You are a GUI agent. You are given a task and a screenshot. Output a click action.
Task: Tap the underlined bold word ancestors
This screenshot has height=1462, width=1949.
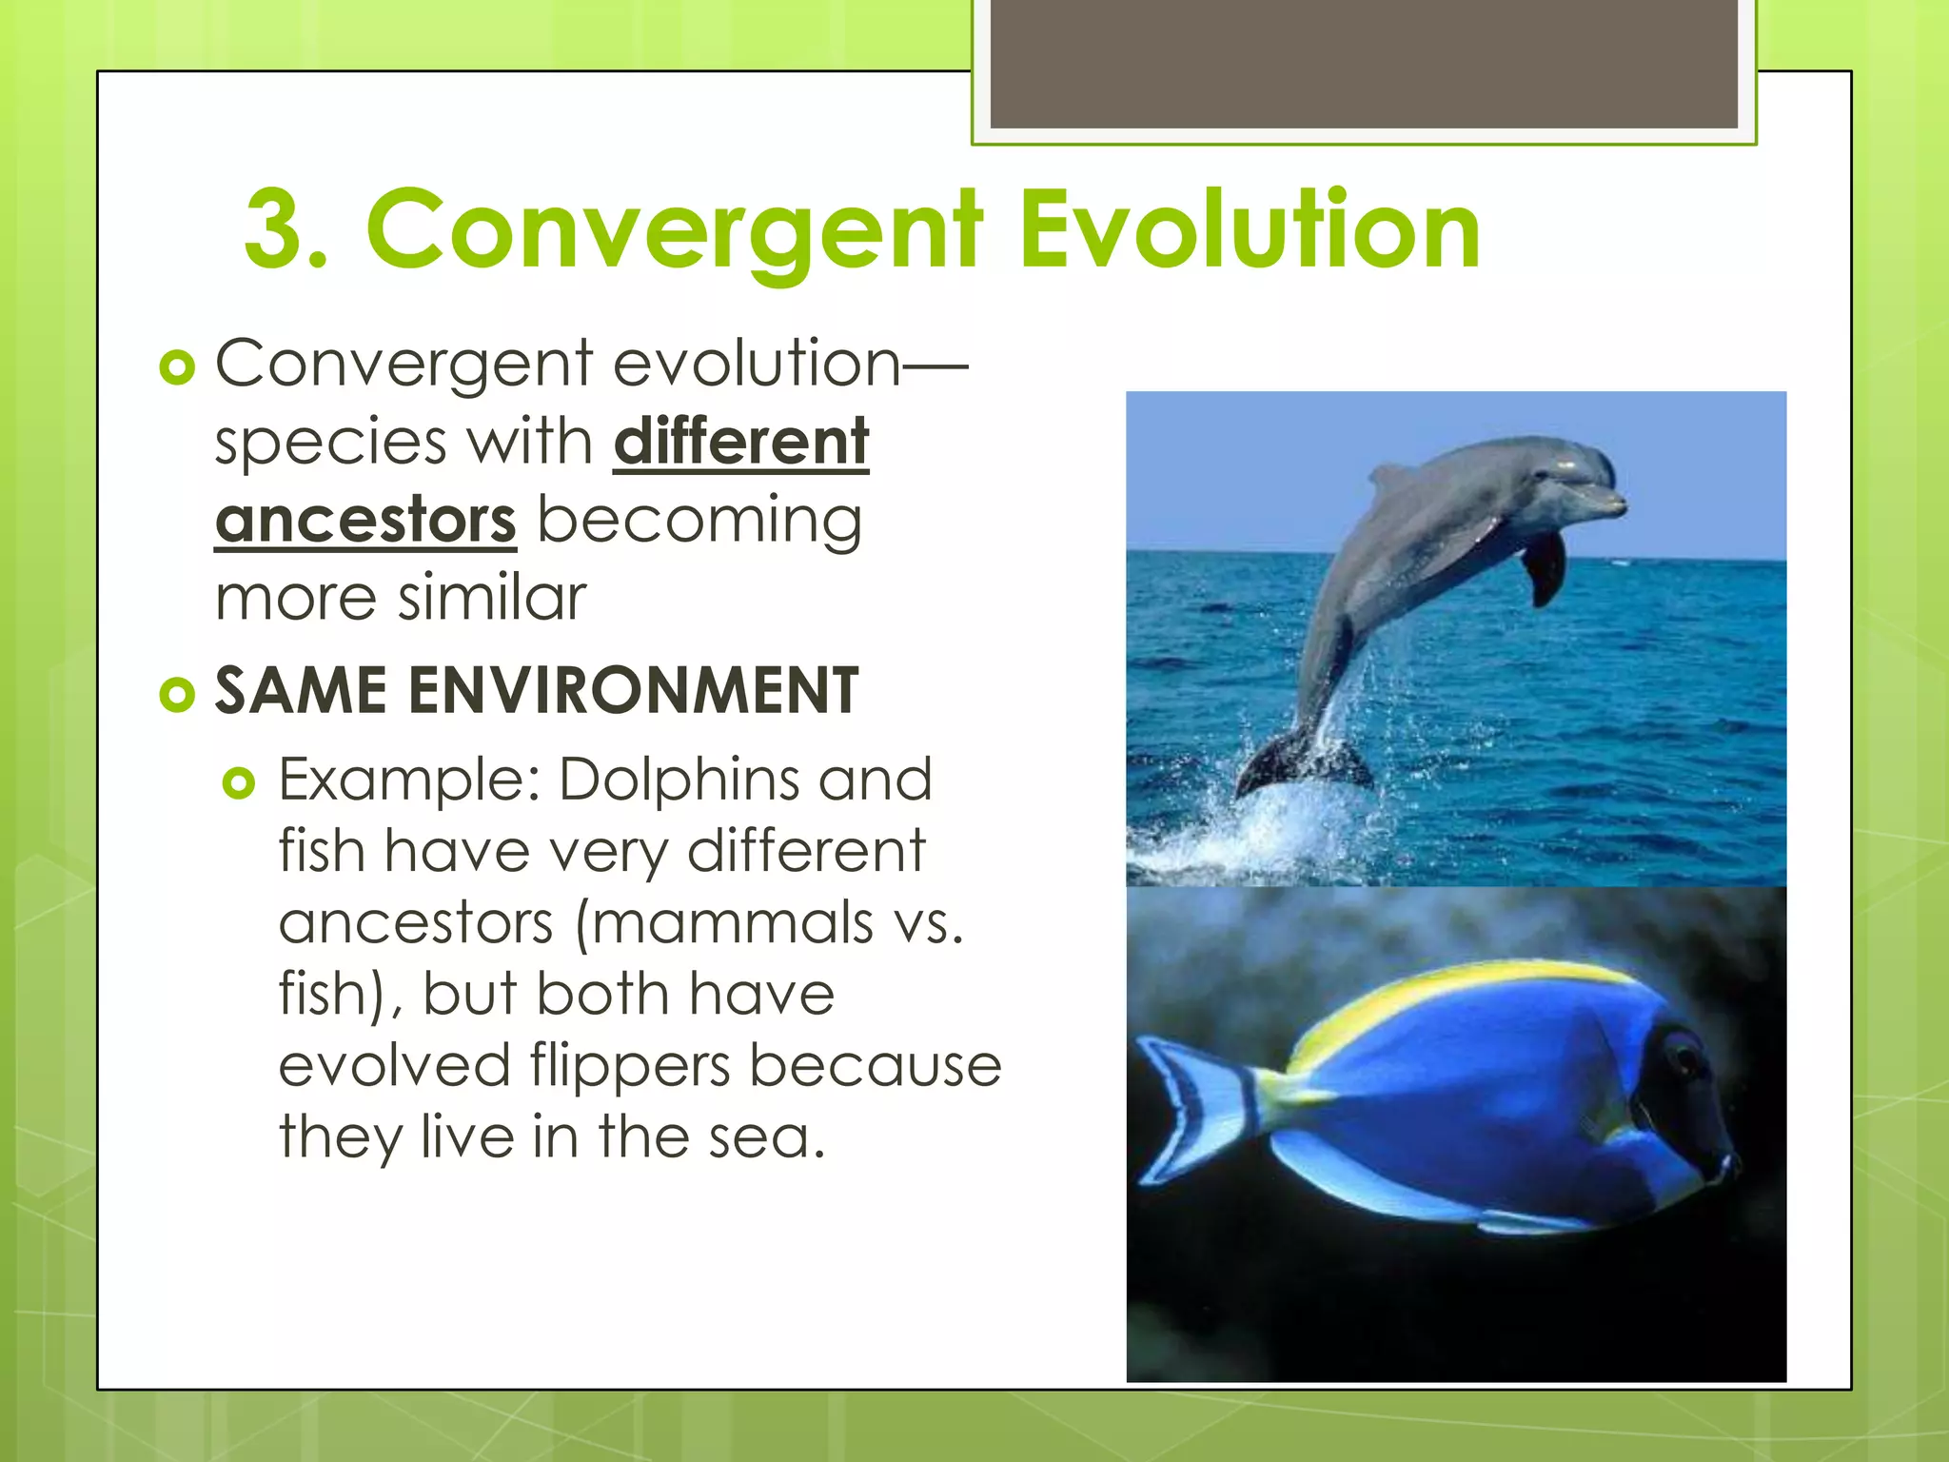point(365,521)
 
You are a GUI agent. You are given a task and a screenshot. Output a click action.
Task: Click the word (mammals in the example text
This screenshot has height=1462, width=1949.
point(723,922)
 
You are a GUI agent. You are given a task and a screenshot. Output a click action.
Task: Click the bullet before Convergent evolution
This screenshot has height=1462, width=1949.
point(177,367)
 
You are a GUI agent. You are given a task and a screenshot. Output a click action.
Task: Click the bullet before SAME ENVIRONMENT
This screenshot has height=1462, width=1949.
point(177,695)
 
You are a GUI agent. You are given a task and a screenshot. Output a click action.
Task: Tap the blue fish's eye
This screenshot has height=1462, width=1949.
point(1686,1057)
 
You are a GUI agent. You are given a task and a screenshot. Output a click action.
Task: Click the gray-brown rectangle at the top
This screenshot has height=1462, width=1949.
point(1364,64)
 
